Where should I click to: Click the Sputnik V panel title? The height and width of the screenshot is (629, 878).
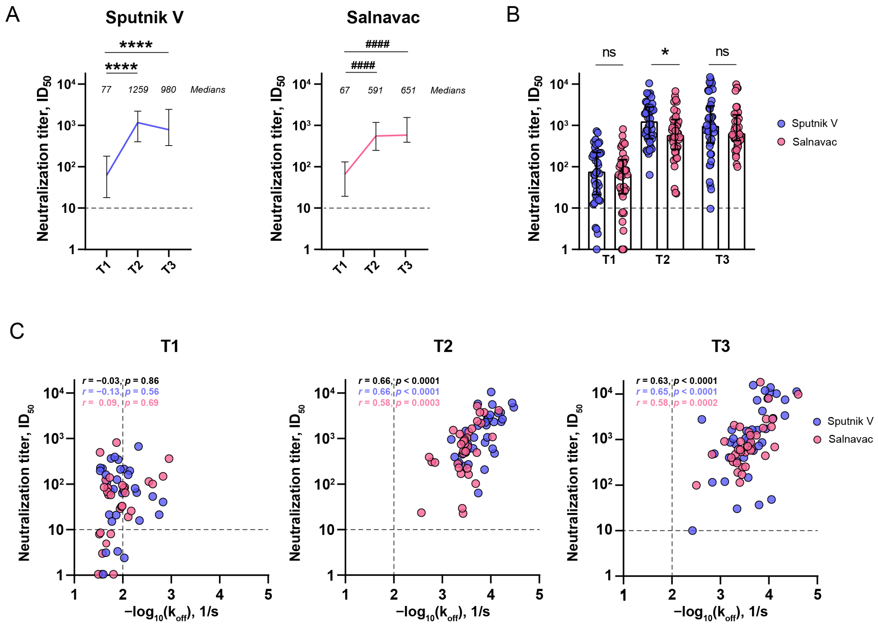coord(145,18)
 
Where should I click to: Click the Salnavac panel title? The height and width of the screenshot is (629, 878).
coord(383,18)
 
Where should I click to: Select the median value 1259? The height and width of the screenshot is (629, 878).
coord(138,90)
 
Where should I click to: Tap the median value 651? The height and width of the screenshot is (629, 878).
coord(408,91)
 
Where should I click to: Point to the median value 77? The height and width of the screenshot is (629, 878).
coord(106,90)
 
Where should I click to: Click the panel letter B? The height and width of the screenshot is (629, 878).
coord(513,15)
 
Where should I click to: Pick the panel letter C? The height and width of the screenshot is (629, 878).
coord(17,331)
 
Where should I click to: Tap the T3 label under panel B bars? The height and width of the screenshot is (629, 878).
coord(722,260)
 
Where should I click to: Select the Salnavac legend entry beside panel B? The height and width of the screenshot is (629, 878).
coord(814,142)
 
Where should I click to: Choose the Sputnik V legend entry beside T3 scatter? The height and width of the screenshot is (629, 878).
coord(850,421)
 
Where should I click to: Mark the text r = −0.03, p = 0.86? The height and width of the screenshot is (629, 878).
coord(120,381)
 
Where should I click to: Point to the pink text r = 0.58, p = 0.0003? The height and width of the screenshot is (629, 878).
coord(399,403)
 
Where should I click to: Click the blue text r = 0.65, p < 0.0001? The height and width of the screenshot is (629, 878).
coord(677,392)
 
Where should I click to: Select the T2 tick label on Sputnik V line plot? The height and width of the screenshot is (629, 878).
coord(136,267)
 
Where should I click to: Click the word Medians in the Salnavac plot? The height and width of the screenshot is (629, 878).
coord(448,91)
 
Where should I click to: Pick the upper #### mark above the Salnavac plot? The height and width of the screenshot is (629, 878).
coord(377,44)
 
